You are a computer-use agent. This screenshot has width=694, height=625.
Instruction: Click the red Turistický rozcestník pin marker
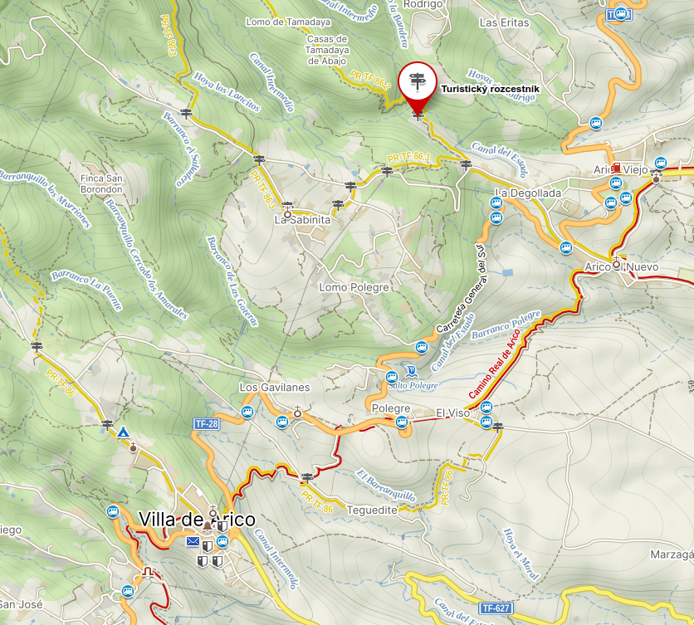coord(417,82)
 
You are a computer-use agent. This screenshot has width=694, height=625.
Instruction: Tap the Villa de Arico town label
coord(197,520)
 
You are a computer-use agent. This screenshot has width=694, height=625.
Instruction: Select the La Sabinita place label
coord(302,221)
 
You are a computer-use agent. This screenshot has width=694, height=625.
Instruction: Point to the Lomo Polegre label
coord(354,287)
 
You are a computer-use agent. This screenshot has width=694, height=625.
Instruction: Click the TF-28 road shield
coord(206,423)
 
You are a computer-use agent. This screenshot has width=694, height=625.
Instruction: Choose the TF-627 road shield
coord(496,608)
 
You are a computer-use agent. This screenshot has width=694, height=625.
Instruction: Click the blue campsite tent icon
coord(123,432)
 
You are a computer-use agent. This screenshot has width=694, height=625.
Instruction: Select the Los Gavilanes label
coord(274,388)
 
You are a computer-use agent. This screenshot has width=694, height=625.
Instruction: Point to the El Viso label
coord(452,413)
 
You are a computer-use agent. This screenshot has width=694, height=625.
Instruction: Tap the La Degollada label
coord(528,193)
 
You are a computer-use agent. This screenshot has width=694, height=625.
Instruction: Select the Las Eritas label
coord(504,22)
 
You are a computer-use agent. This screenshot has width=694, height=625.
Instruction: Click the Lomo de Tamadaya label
coord(288,22)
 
